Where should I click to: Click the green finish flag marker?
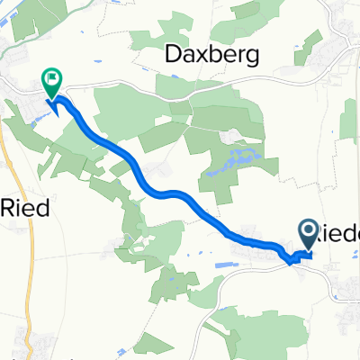(52, 83)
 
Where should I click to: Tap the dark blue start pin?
(308, 235)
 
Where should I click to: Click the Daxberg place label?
(213, 55)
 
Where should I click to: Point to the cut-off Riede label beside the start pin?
(340, 232)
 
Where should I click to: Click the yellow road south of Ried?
(25, 270)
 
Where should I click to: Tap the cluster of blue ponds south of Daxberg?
(236, 160)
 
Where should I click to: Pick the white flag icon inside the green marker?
(52, 80)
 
